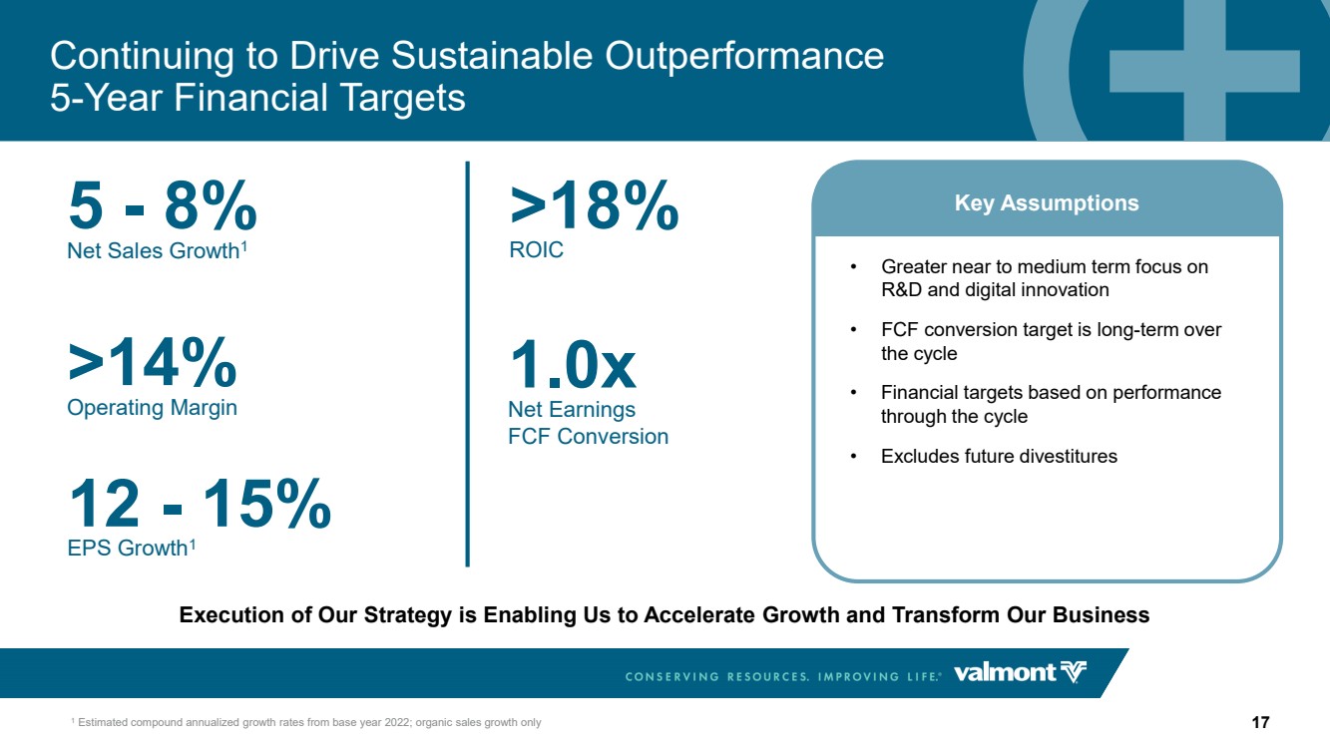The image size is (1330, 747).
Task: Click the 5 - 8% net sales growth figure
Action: pyautogui.click(x=163, y=204)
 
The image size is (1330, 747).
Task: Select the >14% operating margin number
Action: pyautogui.click(x=152, y=361)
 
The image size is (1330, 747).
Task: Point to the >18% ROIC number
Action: pyautogui.click(x=594, y=204)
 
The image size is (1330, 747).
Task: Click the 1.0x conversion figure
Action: pyautogui.click(x=573, y=364)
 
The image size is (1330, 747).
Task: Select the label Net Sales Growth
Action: pyautogui.click(x=157, y=250)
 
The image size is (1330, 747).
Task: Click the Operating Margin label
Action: pyautogui.click(x=152, y=408)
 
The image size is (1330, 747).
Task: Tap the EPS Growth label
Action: pyautogui.click(x=132, y=548)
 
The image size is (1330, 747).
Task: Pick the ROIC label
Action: pyautogui.click(x=536, y=249)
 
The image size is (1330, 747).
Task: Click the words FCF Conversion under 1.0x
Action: pyautogui.click(x=589, y=437)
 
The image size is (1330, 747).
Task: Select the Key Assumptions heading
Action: pyautogui.click(x=1047, y=202)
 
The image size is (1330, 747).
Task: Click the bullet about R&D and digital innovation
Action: pyautogui.click(x=1030, y=278)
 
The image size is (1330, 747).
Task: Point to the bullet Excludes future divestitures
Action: pyautogui.click(x=984, y=456)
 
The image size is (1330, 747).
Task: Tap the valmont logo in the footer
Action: pyautogui.click(x=1020, y=673)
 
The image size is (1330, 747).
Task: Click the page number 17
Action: pyautogui.click(x=1260, y=722)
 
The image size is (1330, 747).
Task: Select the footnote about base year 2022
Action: pyautogui.click(x=306, y=723)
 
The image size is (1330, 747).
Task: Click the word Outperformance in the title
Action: pyautogui.click(x=744, y=56)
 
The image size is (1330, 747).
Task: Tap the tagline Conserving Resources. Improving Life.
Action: pyautogui.click(x=783, y=676)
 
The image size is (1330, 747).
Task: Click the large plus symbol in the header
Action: pyautogui.click(x=1204, y=71)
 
